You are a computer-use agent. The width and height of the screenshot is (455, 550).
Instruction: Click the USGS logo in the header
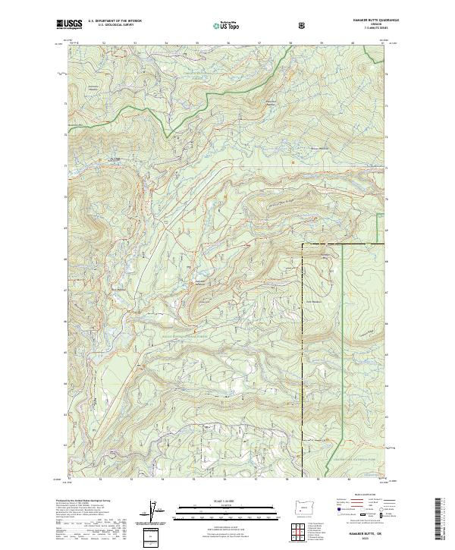click(69, 24)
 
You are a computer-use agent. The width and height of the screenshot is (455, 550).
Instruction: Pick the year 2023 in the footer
click(376, 539)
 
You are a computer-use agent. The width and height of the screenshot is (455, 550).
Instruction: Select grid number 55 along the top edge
click(197, 42)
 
